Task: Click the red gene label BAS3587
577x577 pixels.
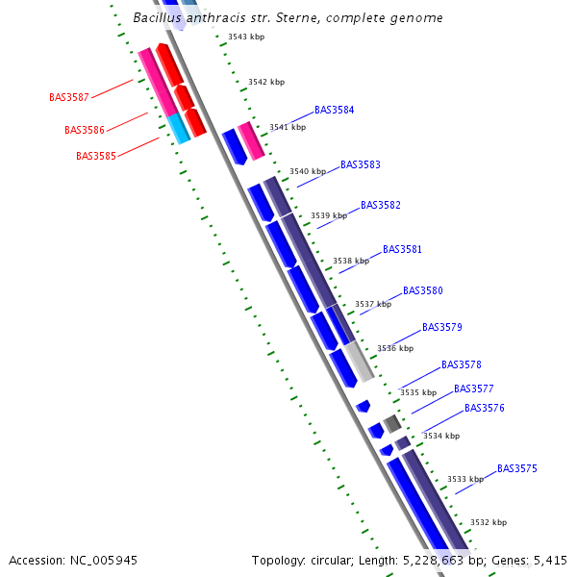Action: (69, 97)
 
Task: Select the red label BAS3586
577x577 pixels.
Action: (85, 130)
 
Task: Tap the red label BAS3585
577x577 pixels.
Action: (96, 156)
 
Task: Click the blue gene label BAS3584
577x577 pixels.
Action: (334, 110)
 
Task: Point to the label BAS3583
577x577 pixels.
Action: (361, 164)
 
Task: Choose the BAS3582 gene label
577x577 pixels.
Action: (381, 205)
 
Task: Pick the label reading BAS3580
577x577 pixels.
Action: (423, 290)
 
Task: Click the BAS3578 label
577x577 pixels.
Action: (461, 364)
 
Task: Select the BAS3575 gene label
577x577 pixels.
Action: (517, 468)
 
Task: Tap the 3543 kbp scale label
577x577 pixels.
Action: (246, 37)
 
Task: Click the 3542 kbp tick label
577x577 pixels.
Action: (266, 82)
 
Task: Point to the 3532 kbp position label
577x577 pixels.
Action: (489, 522)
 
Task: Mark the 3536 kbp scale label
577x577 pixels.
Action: (395, 348)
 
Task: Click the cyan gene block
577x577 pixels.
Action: (179, 129)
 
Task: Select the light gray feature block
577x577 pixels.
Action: (360, 362)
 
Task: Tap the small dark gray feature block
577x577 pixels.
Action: (392, 424)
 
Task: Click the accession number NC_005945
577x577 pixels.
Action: (104, 561)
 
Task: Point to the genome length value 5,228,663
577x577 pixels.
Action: (434, 561)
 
